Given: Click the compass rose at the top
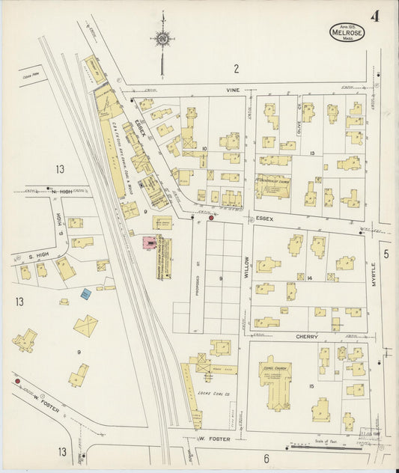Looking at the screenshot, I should point(162,37).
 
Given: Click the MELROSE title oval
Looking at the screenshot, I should point(347,32).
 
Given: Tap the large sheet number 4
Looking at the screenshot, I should point(374,16).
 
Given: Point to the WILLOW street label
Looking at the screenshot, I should point(245,265).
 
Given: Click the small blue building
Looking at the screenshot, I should point(86,294).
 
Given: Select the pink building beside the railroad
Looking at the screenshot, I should point(150,242).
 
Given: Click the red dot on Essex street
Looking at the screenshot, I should point(211,218).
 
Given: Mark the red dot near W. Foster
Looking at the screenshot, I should point(16,381).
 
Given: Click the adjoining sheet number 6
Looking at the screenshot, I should point(265,457).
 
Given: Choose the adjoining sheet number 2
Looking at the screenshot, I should point(236,69).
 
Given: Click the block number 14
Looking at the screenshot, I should point(309,278).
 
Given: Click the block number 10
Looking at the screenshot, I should point(204,149).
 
